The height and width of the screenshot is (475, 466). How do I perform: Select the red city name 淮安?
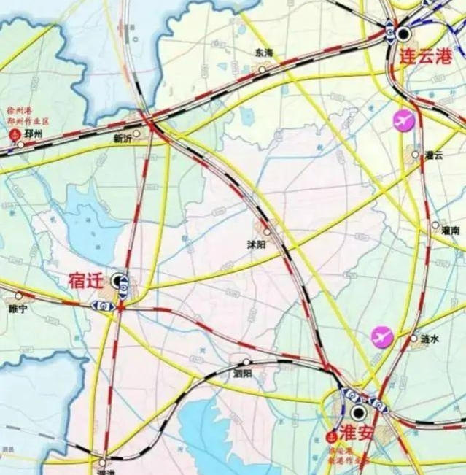[357, 432]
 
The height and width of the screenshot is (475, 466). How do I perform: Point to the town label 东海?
[263, 53]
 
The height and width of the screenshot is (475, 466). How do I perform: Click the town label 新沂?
[125, 138]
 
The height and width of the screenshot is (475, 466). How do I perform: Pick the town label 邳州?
[34, 134]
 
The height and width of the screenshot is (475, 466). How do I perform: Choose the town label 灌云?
[435, 155]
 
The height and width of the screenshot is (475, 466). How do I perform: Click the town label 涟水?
[430, 339]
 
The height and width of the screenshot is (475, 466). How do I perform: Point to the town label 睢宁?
[18, 309]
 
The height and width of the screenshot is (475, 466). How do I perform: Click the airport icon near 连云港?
[402, 120]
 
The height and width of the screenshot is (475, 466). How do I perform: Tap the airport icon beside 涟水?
[381, 336]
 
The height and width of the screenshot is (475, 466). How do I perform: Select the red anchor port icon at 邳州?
[12, 135]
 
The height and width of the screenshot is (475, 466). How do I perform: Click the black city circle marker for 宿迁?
[118, 279]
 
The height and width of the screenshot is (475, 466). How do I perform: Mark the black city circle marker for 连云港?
[403, 33]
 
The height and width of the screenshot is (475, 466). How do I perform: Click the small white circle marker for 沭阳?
[267, 233]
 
